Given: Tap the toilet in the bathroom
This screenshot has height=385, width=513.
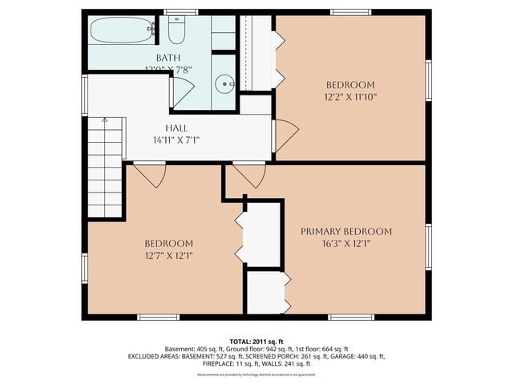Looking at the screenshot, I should (x=176, y=31).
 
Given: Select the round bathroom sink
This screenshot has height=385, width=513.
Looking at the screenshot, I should (x=224, y=82).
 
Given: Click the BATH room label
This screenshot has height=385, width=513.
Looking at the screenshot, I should (x=168, y=57).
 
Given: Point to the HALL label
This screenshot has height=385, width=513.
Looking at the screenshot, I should (x=177, y=128).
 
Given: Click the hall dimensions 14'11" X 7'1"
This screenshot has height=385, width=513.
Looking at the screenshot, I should (x=177, y=140).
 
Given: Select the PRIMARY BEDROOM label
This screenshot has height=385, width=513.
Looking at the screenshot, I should (x=346, y=231).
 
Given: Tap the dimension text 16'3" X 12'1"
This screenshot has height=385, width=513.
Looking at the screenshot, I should (x=346, y=244).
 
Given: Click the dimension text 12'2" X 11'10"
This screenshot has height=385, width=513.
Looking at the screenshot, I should (x=350, y=96).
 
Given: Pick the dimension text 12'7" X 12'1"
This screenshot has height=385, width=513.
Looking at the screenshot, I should (x=168, y=256).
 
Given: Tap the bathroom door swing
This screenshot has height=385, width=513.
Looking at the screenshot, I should (x=182, y=87).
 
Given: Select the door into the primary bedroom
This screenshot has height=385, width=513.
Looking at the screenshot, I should (x=249, y=174).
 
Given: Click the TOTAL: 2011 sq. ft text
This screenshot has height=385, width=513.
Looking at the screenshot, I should (x=256, y=341).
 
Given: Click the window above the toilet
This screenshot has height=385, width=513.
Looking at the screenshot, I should (x=176, y=12).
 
